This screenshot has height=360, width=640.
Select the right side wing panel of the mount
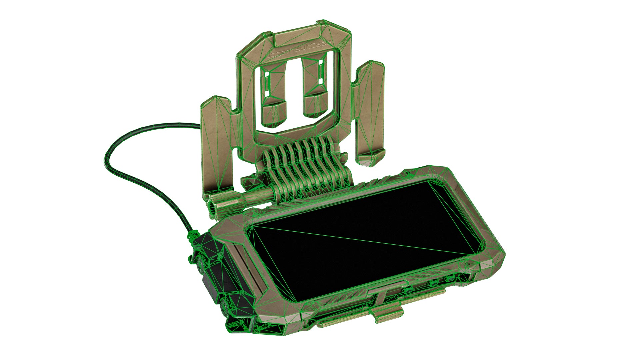point(370,110)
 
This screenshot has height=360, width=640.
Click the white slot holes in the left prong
point(267,80)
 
